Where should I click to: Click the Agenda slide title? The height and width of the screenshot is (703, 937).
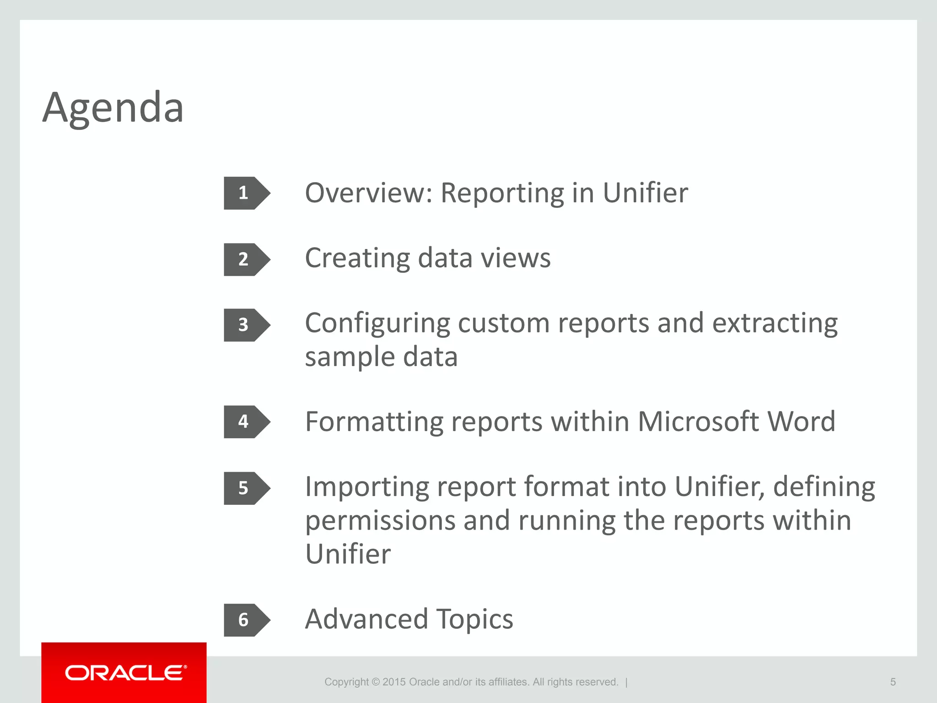pos(113,108)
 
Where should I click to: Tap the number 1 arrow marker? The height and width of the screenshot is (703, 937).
pos(246,193)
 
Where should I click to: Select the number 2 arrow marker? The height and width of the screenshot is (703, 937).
pos(246,260)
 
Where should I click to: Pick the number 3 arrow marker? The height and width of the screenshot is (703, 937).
pos(246,325)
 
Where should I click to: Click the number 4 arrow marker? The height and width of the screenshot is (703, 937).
pos(246,422)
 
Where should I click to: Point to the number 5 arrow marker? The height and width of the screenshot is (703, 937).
pos(246,488)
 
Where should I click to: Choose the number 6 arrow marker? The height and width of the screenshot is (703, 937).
pos(246,620)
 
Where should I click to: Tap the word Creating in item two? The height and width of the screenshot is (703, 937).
pos(357,258)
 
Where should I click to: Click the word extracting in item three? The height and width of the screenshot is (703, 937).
pos(775,323)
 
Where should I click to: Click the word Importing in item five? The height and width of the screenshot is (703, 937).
pos(367,487)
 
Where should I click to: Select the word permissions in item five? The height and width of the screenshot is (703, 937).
pos(380,521)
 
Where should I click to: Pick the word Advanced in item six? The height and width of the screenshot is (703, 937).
pos(366,619)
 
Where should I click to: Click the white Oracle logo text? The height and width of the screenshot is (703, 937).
pos(125,673)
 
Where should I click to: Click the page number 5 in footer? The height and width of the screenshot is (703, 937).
pos(893,682)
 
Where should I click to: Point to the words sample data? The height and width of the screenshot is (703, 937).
pos(381,357)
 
